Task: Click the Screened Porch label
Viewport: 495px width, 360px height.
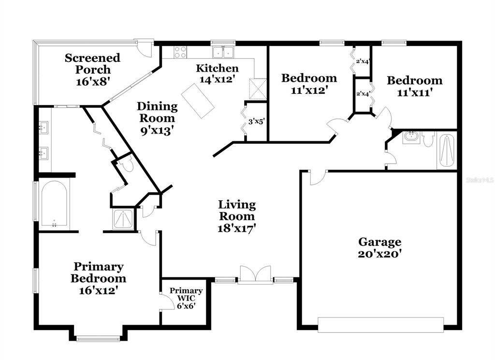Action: click(93, 70)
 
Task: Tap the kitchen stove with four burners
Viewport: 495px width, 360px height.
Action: click(180, 52)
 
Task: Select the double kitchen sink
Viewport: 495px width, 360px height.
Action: click(223, 52)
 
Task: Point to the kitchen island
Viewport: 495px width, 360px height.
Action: click(198, 101)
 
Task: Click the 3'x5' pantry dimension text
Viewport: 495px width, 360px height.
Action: click(256, 121)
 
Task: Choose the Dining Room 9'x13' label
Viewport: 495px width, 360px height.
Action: click(157, 118)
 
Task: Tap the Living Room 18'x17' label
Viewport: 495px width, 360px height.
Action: click(237, 216)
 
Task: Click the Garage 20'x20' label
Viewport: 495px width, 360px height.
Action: click(380, 248)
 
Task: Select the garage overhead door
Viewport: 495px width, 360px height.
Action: click(381, 325)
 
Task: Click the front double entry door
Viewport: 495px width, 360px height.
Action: click(255, 275)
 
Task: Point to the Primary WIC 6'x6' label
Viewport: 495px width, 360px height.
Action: click(186, 298)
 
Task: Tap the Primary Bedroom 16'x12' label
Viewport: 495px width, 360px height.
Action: click(99, 278)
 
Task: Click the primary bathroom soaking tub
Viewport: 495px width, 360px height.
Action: click(54, 204)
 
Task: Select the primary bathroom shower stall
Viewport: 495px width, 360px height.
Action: click(123, 219)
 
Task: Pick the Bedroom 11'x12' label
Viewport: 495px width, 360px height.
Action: click(309, 84)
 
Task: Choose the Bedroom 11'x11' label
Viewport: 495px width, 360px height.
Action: click(414, 86)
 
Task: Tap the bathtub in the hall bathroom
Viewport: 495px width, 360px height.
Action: click(446, 151)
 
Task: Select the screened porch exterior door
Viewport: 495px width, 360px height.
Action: click(145, 48)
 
